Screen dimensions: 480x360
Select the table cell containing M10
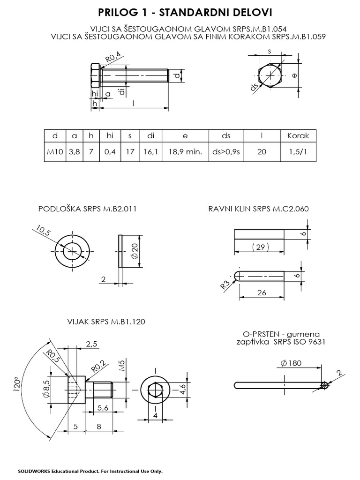(x=55, y=152)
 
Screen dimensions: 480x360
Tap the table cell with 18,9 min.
(x=185, y=152)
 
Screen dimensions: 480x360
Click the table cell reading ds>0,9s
(x=226, y=152)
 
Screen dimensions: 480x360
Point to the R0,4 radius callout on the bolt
(x=113, y=58)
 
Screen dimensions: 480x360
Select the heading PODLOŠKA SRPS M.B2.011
(x=87, y=209)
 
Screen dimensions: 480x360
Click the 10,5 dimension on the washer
(x=42, y=232)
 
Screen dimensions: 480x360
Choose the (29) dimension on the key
(x=259, y=247)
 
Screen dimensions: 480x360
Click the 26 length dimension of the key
(x=262, y=293)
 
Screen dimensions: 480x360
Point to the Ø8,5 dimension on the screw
(x=46, y=388)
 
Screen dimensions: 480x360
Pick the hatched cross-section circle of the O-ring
(x=323, y=385)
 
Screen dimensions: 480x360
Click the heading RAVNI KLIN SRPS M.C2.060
(x=259, y=209)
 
